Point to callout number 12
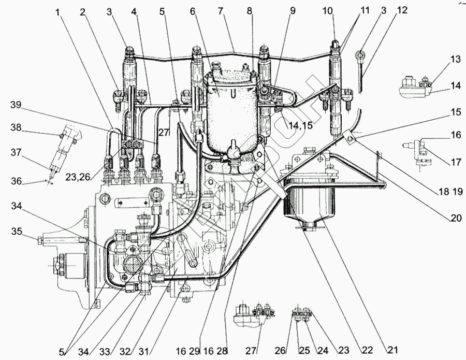pos(402,10)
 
